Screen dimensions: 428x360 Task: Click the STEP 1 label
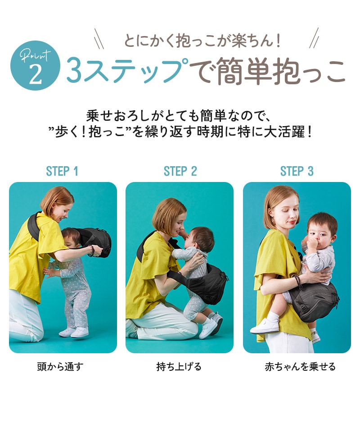click(x=62, y=171)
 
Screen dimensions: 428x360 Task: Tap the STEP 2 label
click(x=180, y=171)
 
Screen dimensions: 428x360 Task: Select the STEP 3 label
click(x=297, y=171)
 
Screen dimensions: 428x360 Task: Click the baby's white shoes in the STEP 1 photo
click(x=74, y=332)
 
